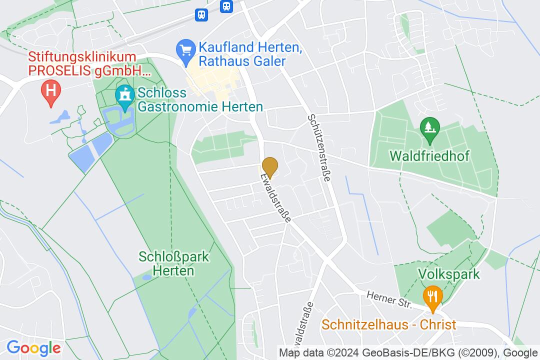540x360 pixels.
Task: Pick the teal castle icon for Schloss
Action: [x=124, y=94]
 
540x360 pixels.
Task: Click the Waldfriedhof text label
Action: [x=429, y=156]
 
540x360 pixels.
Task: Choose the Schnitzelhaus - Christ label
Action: [x=389, y=325]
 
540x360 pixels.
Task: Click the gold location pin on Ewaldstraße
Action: [x=270, y=166]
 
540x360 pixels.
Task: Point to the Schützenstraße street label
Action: [x=320, y=148]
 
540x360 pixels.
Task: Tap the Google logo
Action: [x=33, y=348]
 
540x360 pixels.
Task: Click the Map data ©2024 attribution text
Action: [x=387, y=353]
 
